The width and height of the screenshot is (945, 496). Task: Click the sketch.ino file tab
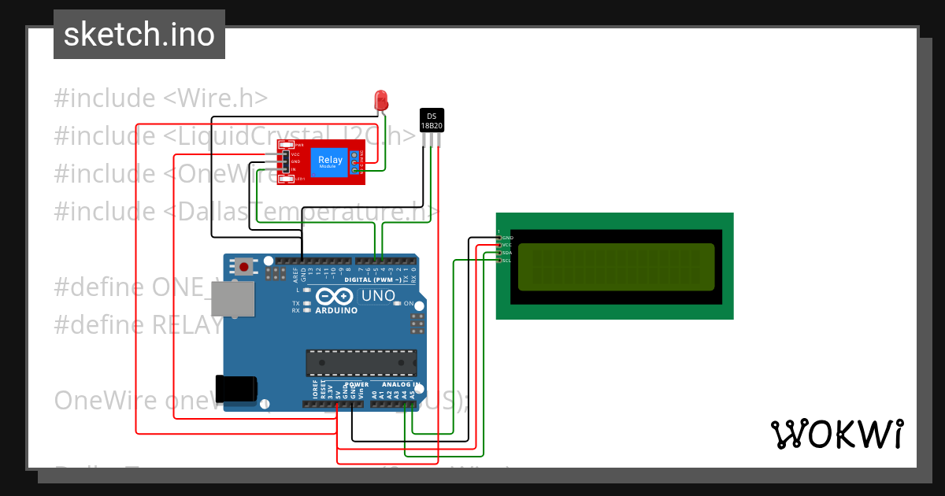tap(139, 35)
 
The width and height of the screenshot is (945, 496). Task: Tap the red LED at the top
tap(381, 100)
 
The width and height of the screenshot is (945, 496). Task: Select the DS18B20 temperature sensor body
tap(432, 120)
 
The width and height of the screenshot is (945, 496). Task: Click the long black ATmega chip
tap(361, 361)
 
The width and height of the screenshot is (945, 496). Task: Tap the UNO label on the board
tap(378, 296)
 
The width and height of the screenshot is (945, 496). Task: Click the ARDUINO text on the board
tap(336, 310)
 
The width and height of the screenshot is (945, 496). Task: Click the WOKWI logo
tap(836, 434)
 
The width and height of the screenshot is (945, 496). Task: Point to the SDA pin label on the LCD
tap(507, 253)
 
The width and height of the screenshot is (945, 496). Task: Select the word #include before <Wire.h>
tap(105, 98)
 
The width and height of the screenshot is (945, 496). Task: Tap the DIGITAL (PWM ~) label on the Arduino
tap(369, 279)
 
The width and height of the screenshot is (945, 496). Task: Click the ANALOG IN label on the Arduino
tap(402, 384)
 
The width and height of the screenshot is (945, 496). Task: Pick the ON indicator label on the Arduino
tap(408, 304)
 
